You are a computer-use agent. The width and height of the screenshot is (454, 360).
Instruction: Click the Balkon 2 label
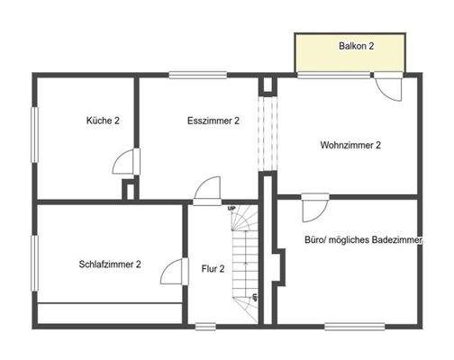[356, 45]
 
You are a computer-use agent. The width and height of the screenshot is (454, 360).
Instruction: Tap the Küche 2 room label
[103, 121]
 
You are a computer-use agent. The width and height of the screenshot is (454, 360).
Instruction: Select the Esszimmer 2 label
[213, 121]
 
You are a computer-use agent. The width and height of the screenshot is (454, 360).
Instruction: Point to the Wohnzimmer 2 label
[350, 145]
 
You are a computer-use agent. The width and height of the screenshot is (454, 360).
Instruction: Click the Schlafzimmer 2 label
[110, 264]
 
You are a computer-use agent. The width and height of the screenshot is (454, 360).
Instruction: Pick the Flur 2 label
[213, 268]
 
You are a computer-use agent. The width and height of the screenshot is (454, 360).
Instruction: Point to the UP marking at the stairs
[232, 209]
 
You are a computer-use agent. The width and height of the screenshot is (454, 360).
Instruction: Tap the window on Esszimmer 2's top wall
[188, 76]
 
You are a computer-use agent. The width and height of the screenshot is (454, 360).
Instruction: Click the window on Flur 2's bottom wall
[206, 325]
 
